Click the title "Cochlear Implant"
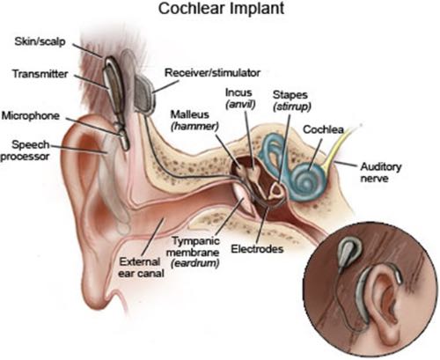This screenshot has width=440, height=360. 221,9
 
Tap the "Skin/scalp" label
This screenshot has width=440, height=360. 40,41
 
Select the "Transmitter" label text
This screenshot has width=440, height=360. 40,73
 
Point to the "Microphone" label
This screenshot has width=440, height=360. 31,115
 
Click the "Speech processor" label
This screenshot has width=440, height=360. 26,151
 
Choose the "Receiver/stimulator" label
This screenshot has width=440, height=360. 212,72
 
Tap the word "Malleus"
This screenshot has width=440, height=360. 190,114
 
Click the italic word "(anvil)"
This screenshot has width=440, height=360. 240,104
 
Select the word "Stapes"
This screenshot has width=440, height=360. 290,95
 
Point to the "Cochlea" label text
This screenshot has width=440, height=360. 323,129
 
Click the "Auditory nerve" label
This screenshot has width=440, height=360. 380,173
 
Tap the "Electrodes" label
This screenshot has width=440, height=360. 257,249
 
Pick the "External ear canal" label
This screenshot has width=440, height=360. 141,268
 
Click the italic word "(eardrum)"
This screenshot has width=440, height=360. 195,263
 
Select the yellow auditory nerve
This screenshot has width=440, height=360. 341,146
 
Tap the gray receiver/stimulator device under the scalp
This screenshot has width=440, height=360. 145,92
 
